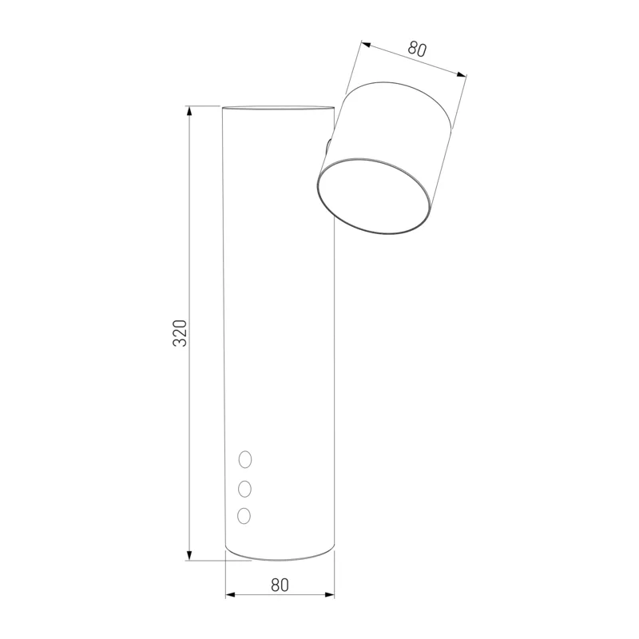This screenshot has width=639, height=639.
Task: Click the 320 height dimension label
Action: [x=180, y=333]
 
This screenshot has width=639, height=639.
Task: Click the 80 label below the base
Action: [x=280, y=585]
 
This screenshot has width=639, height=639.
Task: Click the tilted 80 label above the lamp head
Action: [x=417, y=49]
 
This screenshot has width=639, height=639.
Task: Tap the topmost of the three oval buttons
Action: [x=245, y=459]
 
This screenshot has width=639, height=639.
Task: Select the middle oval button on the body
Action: [x=244, y=489]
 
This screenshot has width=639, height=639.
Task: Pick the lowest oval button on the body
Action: [x=244, y=516]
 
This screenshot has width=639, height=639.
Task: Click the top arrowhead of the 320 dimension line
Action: [x=189, y=111]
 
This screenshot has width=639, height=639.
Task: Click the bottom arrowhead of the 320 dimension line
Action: [x=189, y=554]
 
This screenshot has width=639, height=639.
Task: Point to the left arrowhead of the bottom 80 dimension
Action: [x=231, y=595]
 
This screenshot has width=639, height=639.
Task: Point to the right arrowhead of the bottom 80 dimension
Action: [x=329, y=595]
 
